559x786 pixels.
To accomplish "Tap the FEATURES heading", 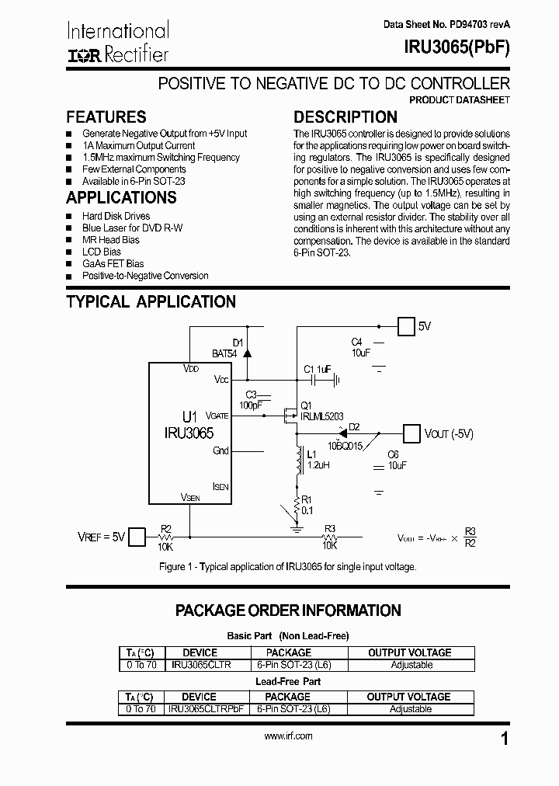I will click(x=106, y=117).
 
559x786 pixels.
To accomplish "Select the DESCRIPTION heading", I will click(x=345, y=117).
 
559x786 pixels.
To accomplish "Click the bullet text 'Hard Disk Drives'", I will click(x=116, y=216).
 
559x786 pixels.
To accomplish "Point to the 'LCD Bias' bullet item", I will click(x=101, y=252).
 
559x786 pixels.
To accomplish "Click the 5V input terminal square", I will click(x=406, y=326).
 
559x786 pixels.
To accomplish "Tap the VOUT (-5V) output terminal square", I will click(x=411, y=433).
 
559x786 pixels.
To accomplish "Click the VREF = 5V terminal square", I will click(x=137, y=537).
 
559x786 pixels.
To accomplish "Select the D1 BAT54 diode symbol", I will click(x=247, y=352).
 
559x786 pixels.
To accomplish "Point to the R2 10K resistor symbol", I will click(x=165, y=536).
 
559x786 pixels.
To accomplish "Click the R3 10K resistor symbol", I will click(x=329, y=536).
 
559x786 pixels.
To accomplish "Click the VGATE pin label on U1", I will click(x=217, y=416).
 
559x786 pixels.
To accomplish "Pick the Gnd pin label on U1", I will click(x=220, y=450).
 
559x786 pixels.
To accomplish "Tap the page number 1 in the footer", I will click(x=505, y=739).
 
